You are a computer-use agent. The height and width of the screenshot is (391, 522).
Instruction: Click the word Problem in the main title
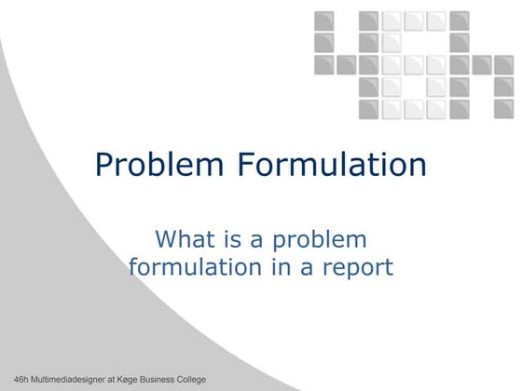tap(160, 166)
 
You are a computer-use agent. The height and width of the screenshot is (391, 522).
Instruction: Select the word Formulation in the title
tap(330, 165)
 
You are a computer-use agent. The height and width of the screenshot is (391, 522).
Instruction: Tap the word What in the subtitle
tap(185, 239)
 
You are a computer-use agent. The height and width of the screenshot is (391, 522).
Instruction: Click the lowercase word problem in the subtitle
tap(322, 241)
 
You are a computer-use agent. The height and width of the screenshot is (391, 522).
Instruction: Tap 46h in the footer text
tap(11, 381)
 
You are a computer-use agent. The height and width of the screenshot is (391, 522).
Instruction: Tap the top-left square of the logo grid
tap(324, 20)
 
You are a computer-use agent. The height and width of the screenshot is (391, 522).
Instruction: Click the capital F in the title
tap(246, 165)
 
